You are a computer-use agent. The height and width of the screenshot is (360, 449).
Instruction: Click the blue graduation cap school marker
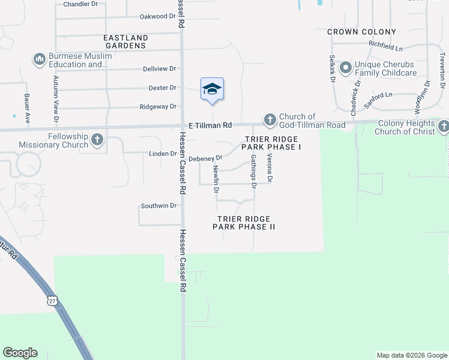[x=212, y=89]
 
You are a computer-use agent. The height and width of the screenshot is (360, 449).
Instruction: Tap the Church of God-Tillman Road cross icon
[x=270, y=120]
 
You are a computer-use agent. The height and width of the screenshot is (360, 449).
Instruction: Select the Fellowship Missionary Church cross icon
[x=97, y=140]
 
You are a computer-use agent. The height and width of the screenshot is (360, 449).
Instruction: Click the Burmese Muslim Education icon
[x=40, y=59]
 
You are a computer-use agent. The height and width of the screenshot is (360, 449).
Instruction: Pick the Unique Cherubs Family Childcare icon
[x=346, y=68]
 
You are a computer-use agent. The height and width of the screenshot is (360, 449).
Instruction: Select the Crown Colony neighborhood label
[x=362, y=32]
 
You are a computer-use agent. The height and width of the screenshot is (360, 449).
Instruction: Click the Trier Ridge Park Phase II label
[x=244, y=223]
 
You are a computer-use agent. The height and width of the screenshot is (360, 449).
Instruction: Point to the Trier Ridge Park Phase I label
[x=271, y=143]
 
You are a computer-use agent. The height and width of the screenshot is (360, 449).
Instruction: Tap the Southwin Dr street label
[x=158, y=206]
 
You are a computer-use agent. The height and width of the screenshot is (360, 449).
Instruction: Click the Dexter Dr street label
[x=162, y=88]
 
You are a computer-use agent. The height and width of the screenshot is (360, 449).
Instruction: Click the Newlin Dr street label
[x=215, y=180]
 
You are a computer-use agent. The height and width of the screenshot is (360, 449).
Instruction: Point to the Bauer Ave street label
[x=28, y=108]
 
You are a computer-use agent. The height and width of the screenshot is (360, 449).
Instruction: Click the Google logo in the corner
[x=20, y=353]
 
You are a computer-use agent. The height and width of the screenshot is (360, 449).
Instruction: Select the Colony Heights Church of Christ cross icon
[x=443, y=126]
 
